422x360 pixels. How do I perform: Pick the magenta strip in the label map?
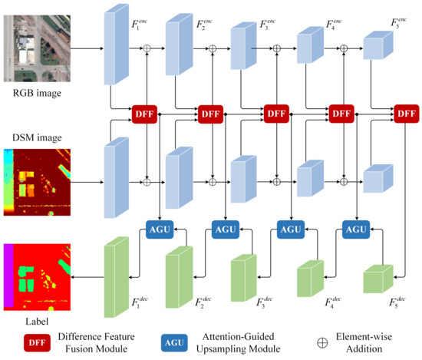pos(8,276)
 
